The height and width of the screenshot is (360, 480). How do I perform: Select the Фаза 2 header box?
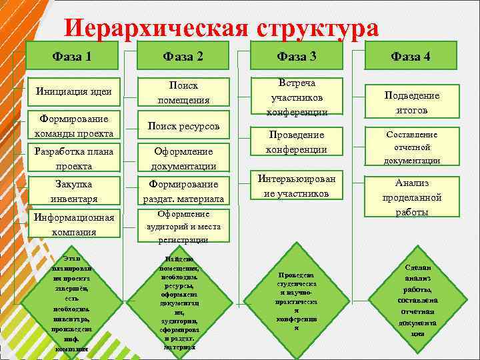coord(183,56)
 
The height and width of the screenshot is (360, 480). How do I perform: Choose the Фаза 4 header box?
coord(411,56)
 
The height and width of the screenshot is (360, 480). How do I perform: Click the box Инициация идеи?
coord(74,92)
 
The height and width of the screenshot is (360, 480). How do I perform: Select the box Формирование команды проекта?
coord(74,125)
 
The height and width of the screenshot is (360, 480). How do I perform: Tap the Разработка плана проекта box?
coord(74,158)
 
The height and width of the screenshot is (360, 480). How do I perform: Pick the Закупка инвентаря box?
coord(74,191)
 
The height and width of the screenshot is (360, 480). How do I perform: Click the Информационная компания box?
coord(74,224)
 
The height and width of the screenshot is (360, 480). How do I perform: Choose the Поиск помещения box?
coord(183,92)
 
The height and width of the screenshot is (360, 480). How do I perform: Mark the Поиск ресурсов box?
coord(183,125)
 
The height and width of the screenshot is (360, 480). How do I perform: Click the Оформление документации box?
coord(183,158)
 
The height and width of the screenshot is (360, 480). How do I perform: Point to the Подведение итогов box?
coord(411,103)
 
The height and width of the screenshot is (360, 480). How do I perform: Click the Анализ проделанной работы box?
coord(411,197)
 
